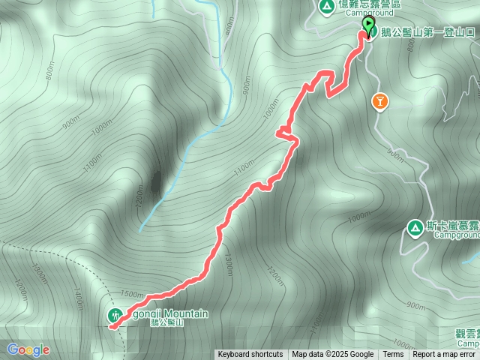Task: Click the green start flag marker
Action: click(x=368, y=26)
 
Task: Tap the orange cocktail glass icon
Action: click(x=379, y=101)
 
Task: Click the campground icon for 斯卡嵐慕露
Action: click(x=414, y=226)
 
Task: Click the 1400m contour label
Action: click(x=78, y=299)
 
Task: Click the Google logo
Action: click(x=28, y=349)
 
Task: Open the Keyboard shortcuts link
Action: click(x=250, y=355)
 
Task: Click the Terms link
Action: click(x=393, y=355)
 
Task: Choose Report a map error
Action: click(x=444, y=355)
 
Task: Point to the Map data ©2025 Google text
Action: click(x=333, y=355)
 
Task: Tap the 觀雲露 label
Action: click(x=466, y=333)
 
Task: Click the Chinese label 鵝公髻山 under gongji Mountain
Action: click(x=166, y=322)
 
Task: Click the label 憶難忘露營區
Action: click(x=370, y=4)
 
